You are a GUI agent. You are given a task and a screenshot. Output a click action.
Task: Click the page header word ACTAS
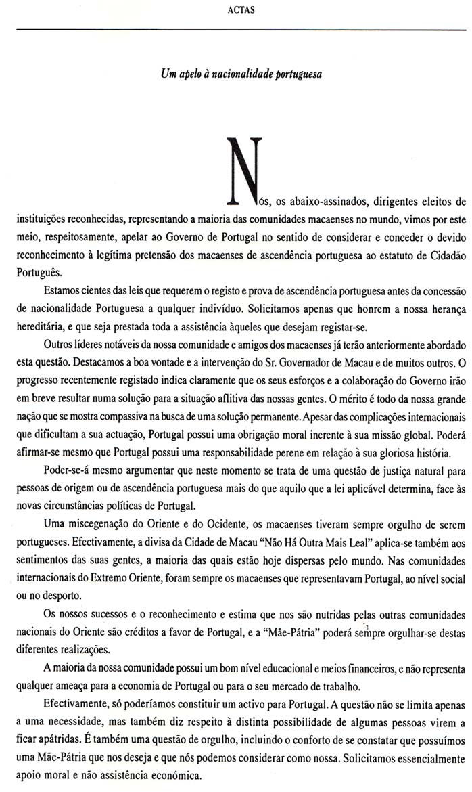[x=237, y=10]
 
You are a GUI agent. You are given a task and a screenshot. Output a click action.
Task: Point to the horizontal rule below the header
[x=237, y=28]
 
